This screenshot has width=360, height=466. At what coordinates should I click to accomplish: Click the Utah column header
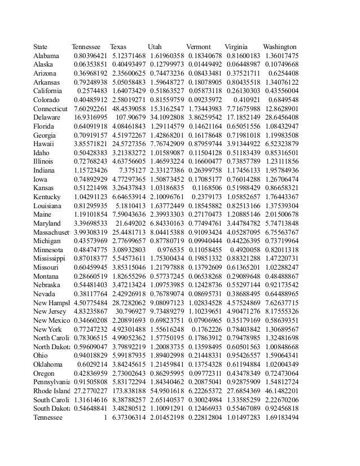(x=155, y=47)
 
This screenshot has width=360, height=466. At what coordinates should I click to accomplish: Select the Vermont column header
(x=198, y=47)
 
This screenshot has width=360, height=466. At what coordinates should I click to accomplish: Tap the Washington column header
(x=279, y=47)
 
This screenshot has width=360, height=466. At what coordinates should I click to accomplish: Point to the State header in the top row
(x=41, y=47)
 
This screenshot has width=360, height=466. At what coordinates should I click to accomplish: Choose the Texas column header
(x=118, y=47)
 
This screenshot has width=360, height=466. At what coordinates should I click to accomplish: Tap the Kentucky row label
(x=47, y=197)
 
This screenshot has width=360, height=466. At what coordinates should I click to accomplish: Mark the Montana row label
(x=46, y=276)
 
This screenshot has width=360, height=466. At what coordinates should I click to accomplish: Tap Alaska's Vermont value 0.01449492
(x=204, y=65)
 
